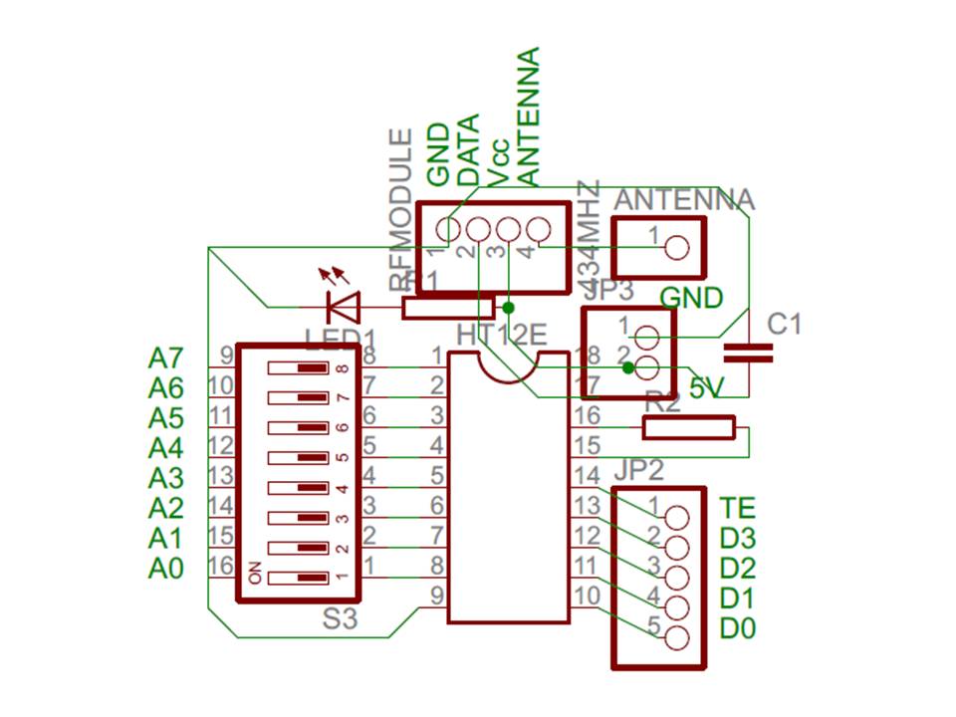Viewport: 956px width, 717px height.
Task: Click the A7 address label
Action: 166,358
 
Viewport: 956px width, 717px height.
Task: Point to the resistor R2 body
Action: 688,428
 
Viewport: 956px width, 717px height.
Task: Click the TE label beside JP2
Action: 739,509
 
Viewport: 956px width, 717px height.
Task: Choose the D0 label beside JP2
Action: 739,629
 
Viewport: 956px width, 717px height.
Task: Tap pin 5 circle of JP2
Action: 677,638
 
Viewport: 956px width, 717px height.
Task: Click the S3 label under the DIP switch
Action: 340,619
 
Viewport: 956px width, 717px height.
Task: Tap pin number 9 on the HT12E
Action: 436,597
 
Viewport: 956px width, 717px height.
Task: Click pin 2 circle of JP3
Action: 647,367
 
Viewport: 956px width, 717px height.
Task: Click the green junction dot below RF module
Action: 509,306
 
